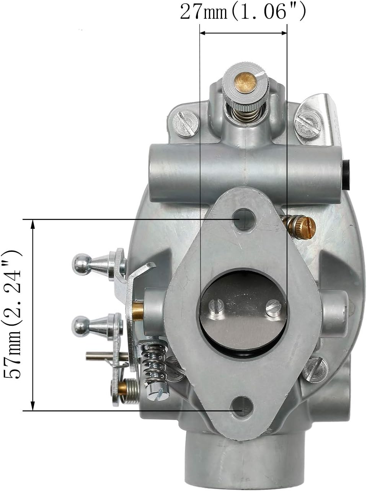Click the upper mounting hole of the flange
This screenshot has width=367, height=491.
(x=243, y=220)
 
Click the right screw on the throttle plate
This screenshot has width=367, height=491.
(x=273, y=308)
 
